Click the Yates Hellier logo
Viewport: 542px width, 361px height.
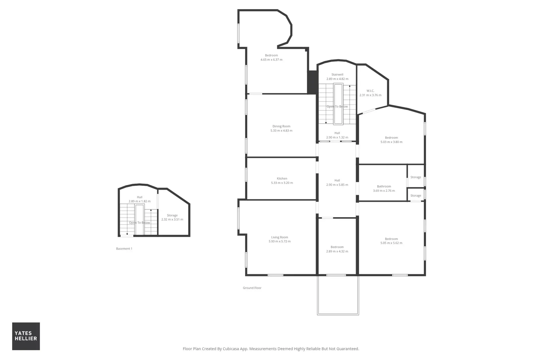26,336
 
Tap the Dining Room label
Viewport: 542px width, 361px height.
281,126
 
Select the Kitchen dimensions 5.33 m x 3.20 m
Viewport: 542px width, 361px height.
282,183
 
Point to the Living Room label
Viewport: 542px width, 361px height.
280,237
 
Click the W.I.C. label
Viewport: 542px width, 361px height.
370,91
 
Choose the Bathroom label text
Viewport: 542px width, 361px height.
384,186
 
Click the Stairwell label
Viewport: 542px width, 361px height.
337,75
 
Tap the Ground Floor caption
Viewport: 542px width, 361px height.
252,288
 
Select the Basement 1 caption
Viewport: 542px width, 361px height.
124,248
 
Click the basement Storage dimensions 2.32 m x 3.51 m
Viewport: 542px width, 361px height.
172,219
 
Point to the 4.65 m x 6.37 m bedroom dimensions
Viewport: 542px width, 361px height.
272,60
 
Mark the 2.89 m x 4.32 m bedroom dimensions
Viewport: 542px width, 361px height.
337,251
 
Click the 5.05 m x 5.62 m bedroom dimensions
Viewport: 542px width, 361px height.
391,243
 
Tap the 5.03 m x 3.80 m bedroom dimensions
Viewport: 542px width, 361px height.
392,142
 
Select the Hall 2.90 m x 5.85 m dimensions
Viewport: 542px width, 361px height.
337,185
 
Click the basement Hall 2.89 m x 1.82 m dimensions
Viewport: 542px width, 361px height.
139,201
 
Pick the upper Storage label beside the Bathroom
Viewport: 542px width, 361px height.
416,177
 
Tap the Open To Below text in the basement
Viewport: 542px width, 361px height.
139,223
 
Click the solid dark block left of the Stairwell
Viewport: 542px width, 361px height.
312,82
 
